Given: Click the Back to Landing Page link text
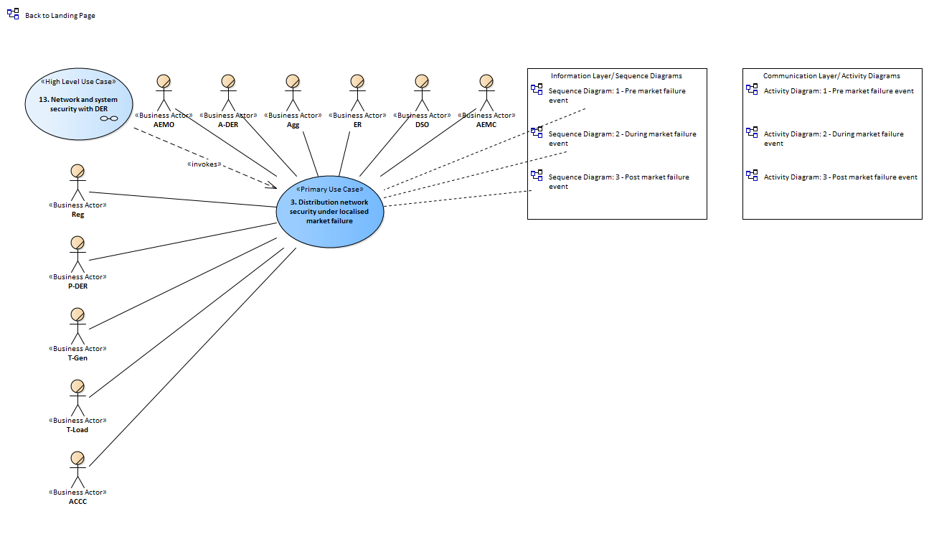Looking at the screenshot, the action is pyautogui.click(x=60, y=15).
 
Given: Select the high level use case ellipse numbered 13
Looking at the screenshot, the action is pyautogui.click(x=79, y=104).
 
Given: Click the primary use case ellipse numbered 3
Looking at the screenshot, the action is pyautogui.click(x=330, y=212).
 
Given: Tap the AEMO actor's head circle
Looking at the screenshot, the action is pyautogui.click(x=164, y=81).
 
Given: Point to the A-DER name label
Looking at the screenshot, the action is pyautogui.click(x=228, y=124).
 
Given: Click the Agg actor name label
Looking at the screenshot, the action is pyautogui.click(x=293, y=124).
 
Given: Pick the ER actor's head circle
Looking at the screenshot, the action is pyautogui.click(x=357, y=81).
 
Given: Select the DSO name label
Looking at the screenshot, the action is pyautogui.click(x=422, y=124).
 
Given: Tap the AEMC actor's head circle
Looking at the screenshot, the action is pyautogui.click(x=486, y=81).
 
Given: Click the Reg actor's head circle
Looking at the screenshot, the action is pyautogui.click(x=77, y=172).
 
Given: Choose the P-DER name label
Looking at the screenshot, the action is pyautogui.click(x=77, y=286).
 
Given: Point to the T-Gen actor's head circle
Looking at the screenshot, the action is pyautogui.click(x=77, y=315).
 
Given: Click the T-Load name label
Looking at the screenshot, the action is pyautogui.click(x=77, y=429).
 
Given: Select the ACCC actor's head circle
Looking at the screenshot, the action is pyautogui.click(x=77, y=459).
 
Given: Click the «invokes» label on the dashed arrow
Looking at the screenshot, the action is pyautogui.click(x=204, y=164).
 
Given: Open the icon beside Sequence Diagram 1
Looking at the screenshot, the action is pyautogui.click(x=537, y=89).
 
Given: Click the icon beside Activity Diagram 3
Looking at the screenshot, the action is pyautogui.click(x=752, y=175).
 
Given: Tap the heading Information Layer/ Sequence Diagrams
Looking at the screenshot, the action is pyautogui.click(x=616, y=75).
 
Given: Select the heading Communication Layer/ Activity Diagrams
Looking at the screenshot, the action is pyautogui.click(x=831, y=75).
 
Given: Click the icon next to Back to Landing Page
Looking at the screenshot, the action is pyautogui.click(x=13, y=14).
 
